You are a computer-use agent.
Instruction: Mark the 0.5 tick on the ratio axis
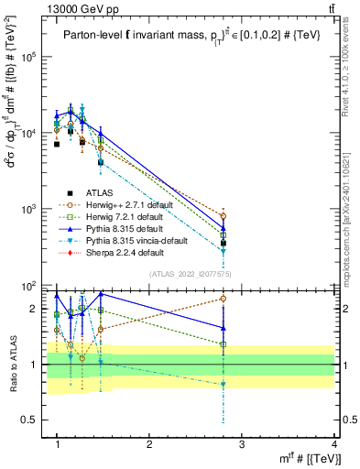[31, 420]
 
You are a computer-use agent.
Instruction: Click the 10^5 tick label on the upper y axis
[29, 56]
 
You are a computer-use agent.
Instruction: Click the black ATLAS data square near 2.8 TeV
[224, 244]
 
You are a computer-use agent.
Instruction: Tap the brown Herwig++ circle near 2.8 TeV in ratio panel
[224, 299]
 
